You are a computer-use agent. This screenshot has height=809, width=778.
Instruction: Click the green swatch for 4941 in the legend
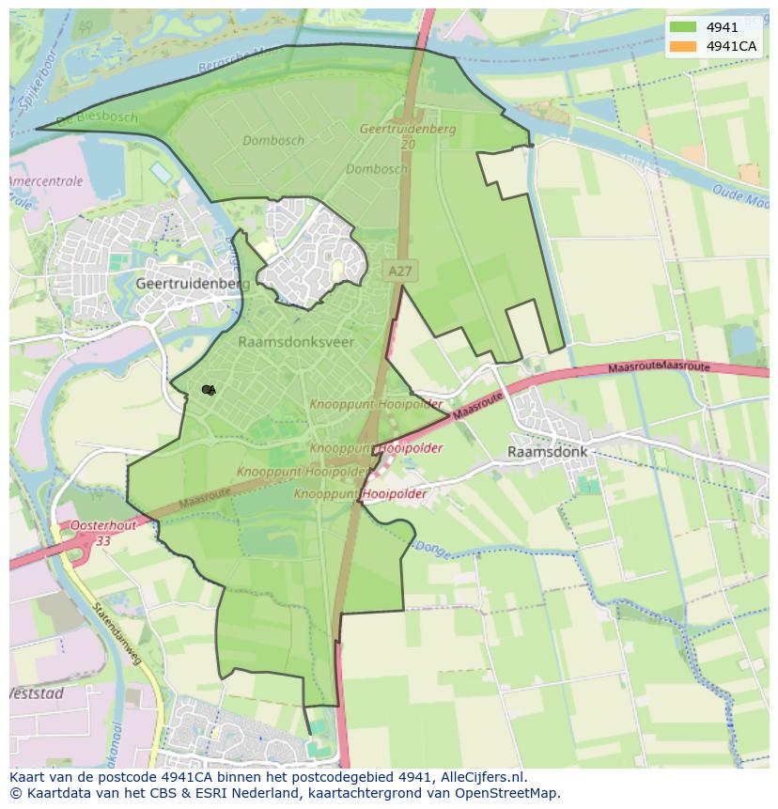coord(683,28)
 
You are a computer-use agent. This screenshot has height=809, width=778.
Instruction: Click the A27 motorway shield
coord(400,271)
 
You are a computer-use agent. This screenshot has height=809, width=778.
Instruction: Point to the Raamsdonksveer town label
coord(296,342)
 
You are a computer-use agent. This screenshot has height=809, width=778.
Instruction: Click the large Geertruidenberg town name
coord(193,283)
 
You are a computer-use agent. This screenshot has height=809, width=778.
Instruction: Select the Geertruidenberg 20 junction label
coord(408,136)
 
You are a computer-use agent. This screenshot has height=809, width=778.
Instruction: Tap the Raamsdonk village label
coord(547,452)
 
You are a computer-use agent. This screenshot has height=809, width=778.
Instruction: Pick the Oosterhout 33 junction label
coord(102,533)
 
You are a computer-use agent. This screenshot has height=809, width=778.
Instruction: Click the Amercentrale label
coord(45,181)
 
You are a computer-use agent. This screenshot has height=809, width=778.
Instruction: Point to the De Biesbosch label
coord(96,118)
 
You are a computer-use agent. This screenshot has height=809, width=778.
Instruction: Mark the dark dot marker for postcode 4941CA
coord(207,390)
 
